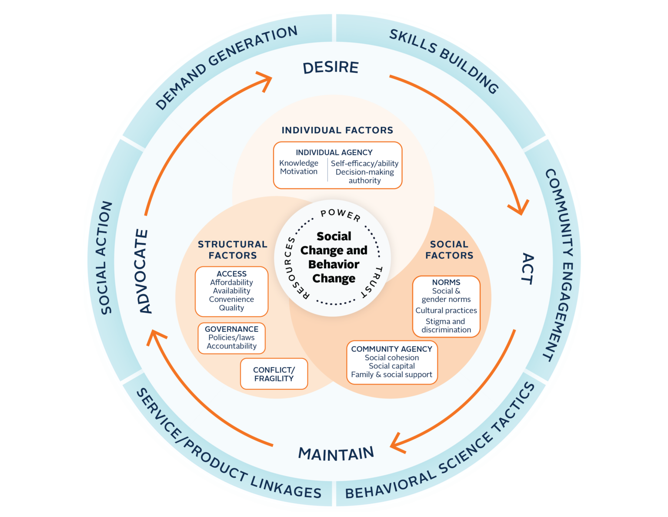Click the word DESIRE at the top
coord(331,68)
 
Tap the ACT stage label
coord(527,268)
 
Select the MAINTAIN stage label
coord(336,454)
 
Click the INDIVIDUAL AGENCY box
coord(337,166)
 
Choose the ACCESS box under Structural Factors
coord(231,291)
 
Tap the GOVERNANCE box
coord(231,338)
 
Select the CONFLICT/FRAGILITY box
coord(274,374)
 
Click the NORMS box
coord(446,306)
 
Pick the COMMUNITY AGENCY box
coord(391,362)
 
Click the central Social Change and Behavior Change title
coord(334,257)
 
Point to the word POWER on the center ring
coord(341,215)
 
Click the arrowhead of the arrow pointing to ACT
coord(520,209)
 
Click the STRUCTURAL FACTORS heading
coord(232,250)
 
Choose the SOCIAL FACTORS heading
coord(449,250)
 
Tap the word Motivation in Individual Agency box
coord(299,172)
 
